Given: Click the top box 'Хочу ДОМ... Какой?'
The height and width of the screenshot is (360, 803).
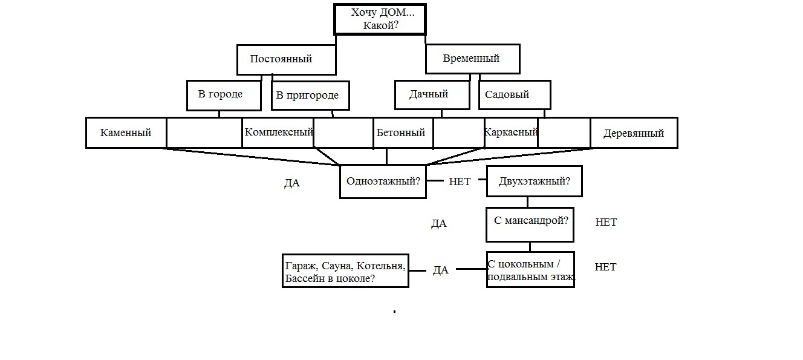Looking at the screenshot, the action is click(x=380, y=19).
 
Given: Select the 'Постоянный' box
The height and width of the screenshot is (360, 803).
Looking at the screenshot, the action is click(x=287, y=59).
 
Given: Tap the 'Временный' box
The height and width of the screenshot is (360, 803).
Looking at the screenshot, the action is click(x=473, y=59).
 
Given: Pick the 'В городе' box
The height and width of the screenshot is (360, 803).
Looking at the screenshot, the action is click(x=224, y=96).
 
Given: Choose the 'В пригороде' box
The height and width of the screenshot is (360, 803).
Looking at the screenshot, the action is click(x=310, y=96).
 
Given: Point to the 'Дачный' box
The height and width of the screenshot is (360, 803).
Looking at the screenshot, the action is click(x=432, y=94).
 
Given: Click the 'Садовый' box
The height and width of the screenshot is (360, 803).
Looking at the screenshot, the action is click(x=515, y=94).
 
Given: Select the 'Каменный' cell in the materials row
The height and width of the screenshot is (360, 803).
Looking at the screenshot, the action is click(x=126, y=133).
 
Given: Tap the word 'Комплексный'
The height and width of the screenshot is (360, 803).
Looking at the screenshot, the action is click(x=279, y=132).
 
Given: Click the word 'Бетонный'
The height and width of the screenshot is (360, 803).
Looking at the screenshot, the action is click(x=401, y=133).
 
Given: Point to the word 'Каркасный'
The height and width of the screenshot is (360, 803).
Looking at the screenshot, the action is click(x=511, y=132).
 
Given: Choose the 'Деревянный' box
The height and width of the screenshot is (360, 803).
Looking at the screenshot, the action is click(x=634, y=133).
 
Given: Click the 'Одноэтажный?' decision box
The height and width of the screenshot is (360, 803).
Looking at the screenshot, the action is click(x=383, y=182).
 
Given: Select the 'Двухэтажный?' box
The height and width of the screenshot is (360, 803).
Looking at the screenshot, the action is click(x=535, y=181).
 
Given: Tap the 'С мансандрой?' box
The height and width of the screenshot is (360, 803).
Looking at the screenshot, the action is click(x=530, y=225).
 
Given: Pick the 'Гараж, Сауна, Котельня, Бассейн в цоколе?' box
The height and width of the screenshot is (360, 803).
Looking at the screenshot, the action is click(x=346, y=270).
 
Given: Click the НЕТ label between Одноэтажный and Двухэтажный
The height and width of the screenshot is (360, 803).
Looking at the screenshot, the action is click(x=460, y=182).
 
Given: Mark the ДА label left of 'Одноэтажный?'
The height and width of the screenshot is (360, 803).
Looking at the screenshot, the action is click(x=292, y=183).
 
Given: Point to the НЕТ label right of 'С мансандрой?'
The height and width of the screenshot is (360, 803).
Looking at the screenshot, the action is click(x=606, y=222).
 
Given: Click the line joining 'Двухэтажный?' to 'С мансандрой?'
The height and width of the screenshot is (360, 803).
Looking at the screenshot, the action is click(x=527, y=202).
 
